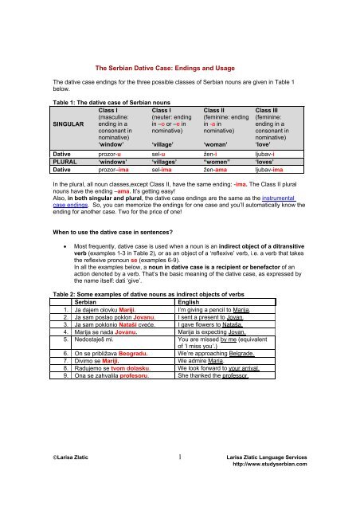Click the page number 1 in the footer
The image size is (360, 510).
click(x=182, y=500)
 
